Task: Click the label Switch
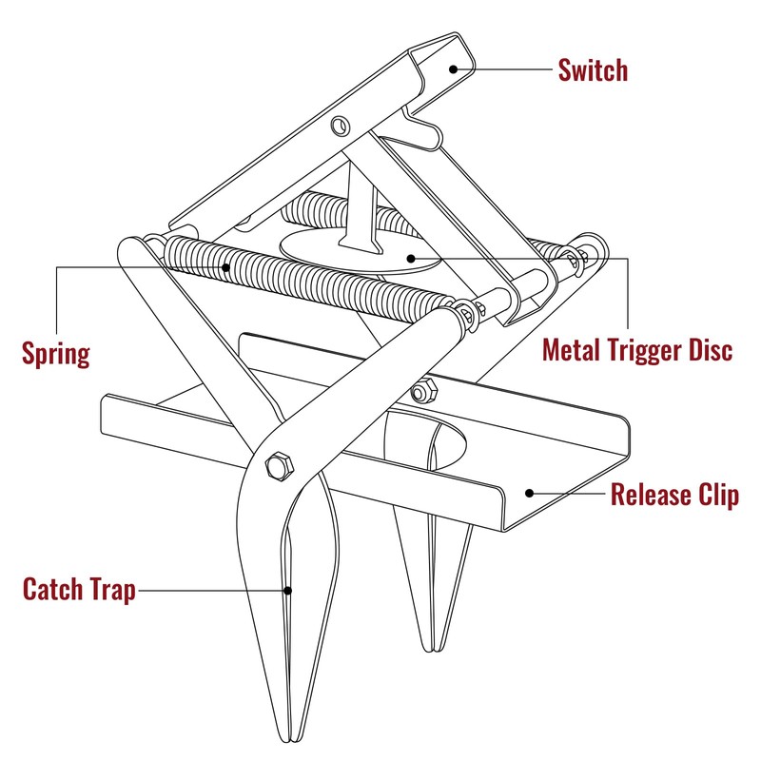point(592,70)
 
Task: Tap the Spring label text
point(55,354)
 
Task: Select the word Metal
point(575,349)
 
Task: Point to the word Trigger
point(649,350)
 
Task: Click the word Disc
point(712,349)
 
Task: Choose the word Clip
point(716,496)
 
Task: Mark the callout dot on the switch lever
point(454,68)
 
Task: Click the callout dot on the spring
point(226,268)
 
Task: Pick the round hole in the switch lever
point(341,126)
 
